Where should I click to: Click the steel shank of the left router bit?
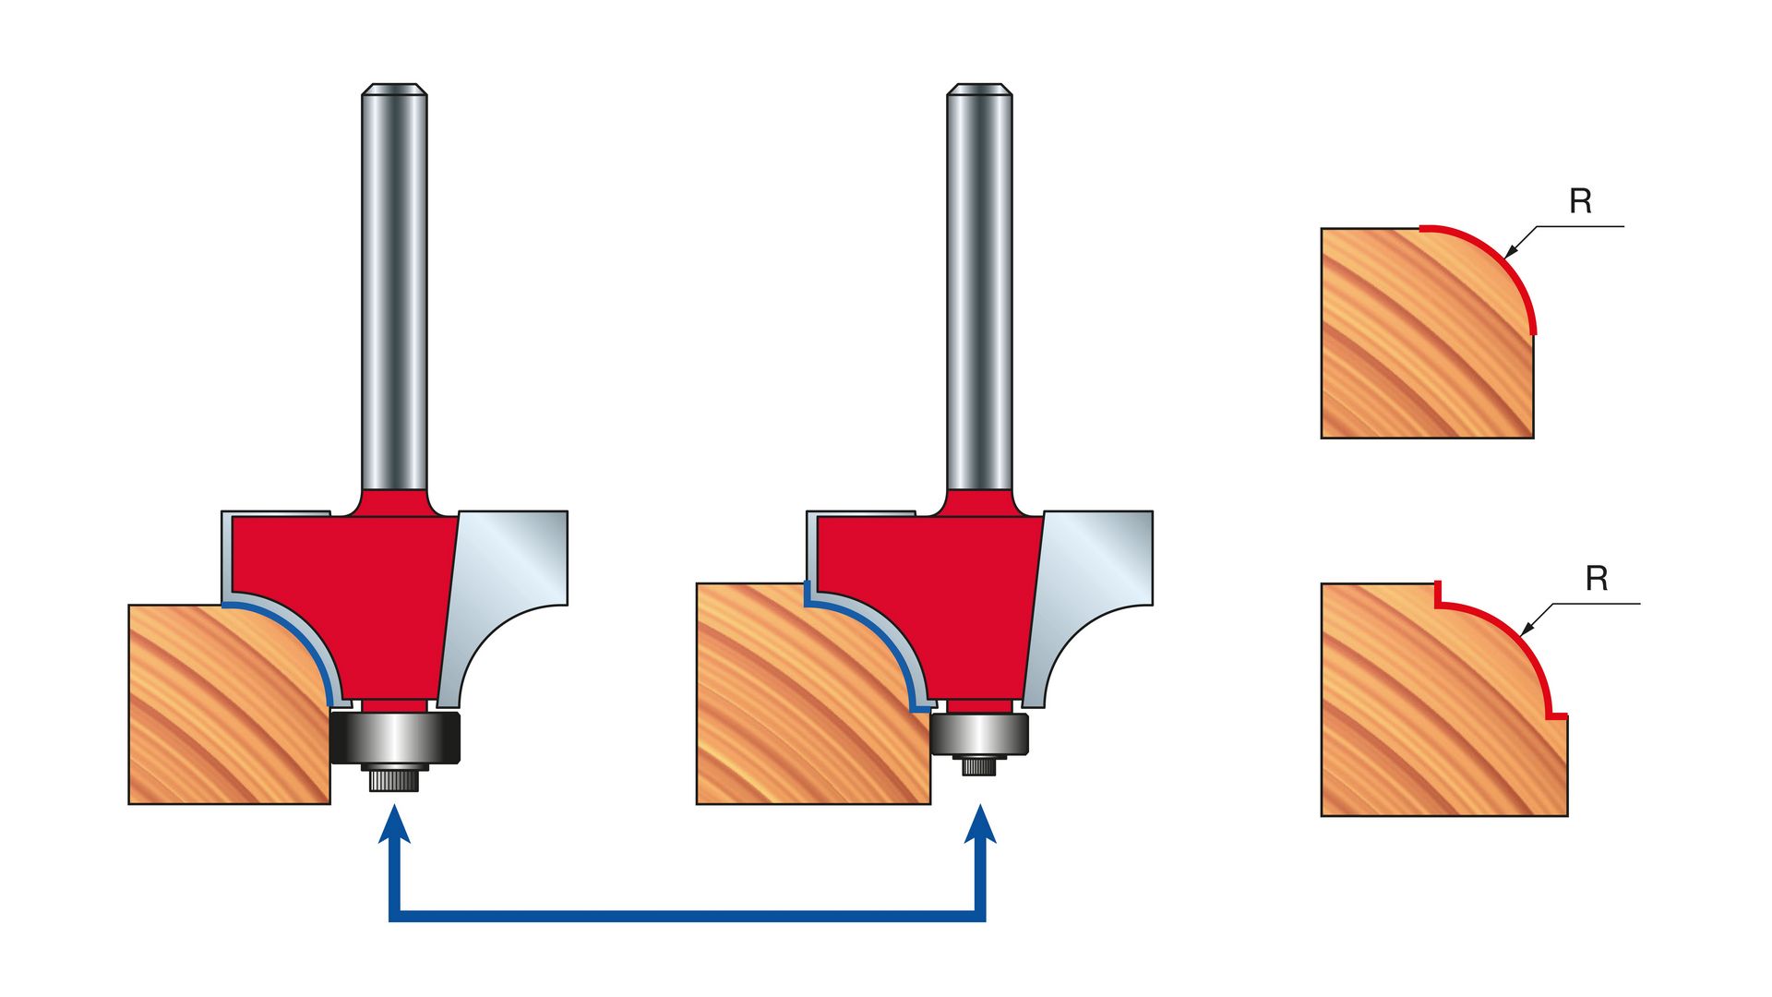[x=394, y=286]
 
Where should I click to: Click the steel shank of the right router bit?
[x=979, y=286]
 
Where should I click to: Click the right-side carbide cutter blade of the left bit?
[x=503, y=591]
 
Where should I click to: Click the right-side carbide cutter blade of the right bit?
[x=1089, y=591]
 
